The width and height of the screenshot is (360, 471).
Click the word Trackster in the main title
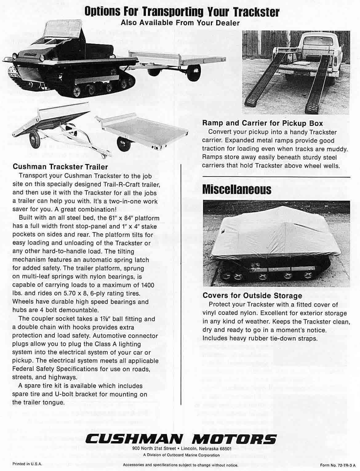[257, 12]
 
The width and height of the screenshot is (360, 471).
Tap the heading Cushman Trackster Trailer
[60, 167]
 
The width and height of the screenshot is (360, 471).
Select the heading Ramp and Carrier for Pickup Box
[262, 123]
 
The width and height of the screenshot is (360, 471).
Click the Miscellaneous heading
[237, 189]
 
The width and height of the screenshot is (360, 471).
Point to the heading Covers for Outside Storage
[252, 296]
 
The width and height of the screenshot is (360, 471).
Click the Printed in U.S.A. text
[27, 464]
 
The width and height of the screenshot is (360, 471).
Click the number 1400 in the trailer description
[147, 285]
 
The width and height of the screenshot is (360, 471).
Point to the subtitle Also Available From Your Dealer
[180, 23]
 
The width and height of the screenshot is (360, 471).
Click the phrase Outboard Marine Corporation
[193, 455]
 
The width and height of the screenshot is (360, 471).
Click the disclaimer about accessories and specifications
[180, 465]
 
